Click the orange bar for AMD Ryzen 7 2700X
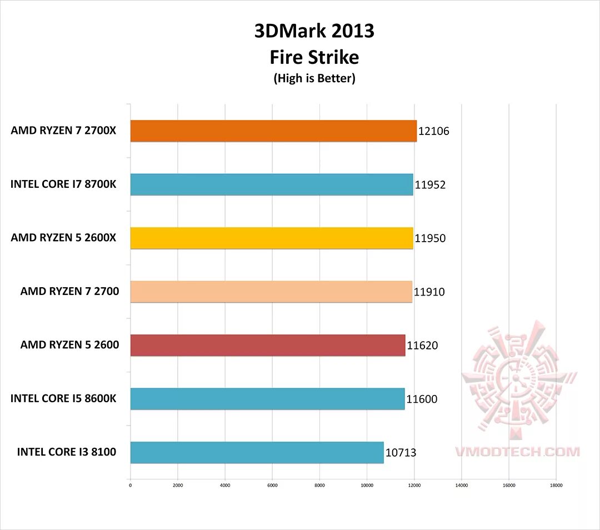point(273,131)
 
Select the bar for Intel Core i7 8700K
point(272,184)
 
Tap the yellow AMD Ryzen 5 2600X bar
point(272,238)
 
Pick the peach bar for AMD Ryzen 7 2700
point(271,292)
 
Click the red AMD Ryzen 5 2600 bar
point(268,345)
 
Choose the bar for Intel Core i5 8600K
point(267,398)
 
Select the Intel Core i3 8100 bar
point(257,452)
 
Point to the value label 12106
point(433,132)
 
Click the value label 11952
point(430,185)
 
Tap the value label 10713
point(401,453)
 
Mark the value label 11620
point(422,346)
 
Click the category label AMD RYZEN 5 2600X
point(63,238)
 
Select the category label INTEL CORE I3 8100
point(67,452)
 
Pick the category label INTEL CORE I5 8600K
point(63,398)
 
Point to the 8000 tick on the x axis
point(319,485)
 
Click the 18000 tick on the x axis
point(556,485)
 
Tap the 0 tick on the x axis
point(130,485)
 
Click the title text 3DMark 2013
point(314,32)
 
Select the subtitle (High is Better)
point(314,78)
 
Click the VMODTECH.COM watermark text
point(517,452)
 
